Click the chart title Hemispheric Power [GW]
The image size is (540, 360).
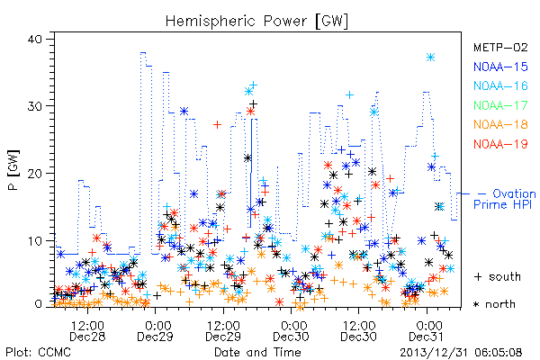tap(256, 21)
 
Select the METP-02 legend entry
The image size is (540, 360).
tap(500, 47)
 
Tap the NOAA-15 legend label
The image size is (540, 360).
tap(500, 67)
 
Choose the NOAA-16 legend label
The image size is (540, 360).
tap(500, 85)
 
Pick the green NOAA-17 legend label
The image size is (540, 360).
tap(500, 105)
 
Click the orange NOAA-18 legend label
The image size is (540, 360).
tap(500, 124)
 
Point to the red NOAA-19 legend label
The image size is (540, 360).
tap(500, 144)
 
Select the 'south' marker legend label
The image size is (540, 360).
tap(505, 276)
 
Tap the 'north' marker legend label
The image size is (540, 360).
tap(500, 304)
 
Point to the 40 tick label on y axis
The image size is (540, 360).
tap(34, 39)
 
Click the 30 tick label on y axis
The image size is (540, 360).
tap(34, 106)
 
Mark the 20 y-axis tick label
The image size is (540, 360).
tap(34, 174)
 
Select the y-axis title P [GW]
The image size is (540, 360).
tap(13, 170)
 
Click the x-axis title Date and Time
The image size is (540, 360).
tap(257, 352)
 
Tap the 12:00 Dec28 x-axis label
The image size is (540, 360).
tap(87, 330)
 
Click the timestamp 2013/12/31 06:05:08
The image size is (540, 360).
tap(461, 353)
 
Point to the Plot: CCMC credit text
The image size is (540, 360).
tap(38, 353)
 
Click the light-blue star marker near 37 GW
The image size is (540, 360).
tap(430, 58)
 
